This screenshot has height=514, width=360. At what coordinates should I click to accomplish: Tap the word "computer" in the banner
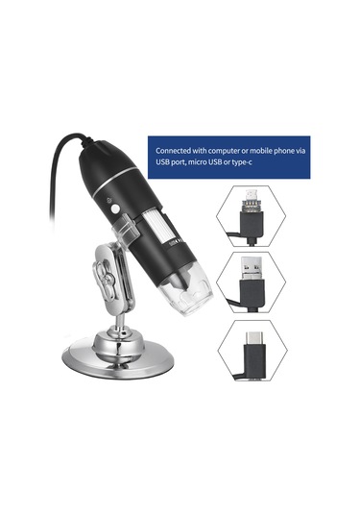click(232, 152)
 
